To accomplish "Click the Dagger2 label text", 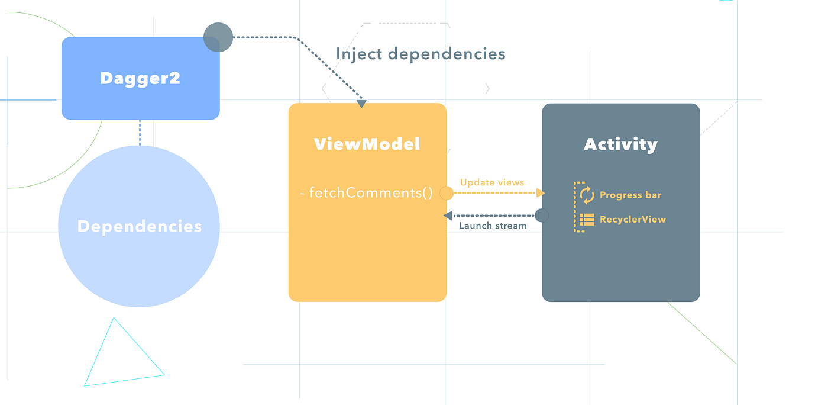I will point(140,78).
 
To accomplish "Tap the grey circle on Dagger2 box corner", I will point(218,37).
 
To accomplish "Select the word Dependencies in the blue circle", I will point(140,226).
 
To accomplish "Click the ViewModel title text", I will point(367,144).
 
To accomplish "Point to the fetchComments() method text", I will point(366,193).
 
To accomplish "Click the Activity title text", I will point(620,144).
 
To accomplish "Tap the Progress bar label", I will point(630,195).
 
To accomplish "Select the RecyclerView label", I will point(632,219).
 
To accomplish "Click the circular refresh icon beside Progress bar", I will point(587,195).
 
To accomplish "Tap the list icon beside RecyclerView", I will point(587,220).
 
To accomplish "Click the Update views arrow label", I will point(492,182).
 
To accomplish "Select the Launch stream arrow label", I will point(493,226).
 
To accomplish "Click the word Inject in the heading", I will point(355,54).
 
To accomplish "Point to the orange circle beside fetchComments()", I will point(447,193).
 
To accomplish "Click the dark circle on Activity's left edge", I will point(542,216).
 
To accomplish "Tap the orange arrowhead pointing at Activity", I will point(541,193).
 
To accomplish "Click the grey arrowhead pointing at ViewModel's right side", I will point(448,216).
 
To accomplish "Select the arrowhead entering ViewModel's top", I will point(361,104).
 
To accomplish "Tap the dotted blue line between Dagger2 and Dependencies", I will point(140,133).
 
